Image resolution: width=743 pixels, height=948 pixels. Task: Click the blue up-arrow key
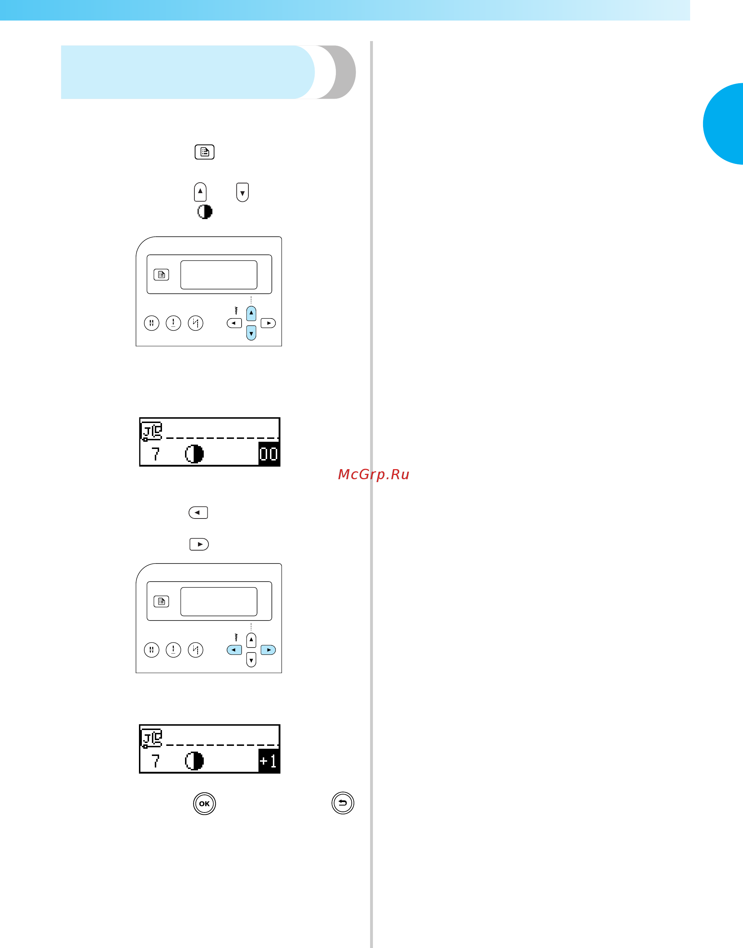[251, 313]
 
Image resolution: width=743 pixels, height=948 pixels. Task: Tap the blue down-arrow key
[251, 333]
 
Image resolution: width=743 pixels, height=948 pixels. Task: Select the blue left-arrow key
[234, 650]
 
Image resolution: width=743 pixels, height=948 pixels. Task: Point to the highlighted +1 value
[269, 761]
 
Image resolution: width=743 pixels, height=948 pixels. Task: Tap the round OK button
[204, 804]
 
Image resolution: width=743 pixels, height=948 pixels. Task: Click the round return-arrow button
[343, 803]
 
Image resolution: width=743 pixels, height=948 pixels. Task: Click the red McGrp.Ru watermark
[374, 474]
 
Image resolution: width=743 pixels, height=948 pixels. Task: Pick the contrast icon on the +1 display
[194, 761]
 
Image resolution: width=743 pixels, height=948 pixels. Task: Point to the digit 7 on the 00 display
[155, 454]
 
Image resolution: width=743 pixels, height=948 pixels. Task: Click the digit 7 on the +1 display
[155, 761]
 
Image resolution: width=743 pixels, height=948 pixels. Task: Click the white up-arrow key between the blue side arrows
[251, 640]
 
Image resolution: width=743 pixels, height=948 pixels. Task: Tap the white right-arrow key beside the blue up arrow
[268, 323]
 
